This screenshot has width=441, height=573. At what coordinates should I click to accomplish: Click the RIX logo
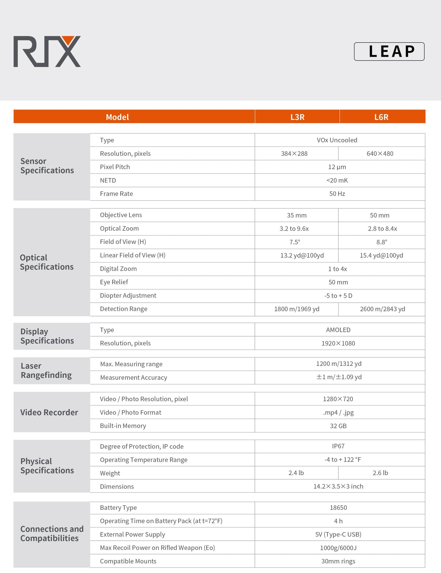tap(47, 51)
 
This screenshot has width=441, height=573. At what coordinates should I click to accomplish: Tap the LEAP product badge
tap(389, 51)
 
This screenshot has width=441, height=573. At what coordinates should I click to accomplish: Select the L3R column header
tap(297, 117)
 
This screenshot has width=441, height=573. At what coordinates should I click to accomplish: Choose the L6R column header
tap(381, 117)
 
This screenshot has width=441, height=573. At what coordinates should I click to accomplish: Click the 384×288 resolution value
tap(294, 153)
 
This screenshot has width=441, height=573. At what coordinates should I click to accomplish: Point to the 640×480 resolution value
tap(380, 153)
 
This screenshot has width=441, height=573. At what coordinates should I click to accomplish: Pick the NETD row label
tap(108, 180)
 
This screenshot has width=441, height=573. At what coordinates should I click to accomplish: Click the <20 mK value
tap(337, 180)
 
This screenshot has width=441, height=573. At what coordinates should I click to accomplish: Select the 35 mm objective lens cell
tap(297, 215)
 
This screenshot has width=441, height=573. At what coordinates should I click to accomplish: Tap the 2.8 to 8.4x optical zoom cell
tap(382, 229)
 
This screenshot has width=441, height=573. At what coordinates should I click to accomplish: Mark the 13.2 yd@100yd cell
tap(302, 255)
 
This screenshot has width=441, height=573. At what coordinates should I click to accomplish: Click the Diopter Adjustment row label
tap(128, 295)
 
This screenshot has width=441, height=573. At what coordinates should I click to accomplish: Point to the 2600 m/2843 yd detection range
tap(382, 309)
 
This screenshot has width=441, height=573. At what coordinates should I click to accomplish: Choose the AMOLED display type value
tap(338, 330)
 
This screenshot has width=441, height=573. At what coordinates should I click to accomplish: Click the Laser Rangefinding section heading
tap(46, 370)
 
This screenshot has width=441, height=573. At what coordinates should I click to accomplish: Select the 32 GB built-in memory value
tap(338, 426)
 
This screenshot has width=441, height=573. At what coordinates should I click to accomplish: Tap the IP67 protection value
tap(338, 446)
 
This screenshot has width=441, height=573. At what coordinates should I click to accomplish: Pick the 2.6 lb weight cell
tap(380, 473)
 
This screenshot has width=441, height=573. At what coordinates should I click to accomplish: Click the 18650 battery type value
tap(338, 507)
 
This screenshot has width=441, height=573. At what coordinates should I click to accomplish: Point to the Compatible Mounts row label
tap(128, 561)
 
